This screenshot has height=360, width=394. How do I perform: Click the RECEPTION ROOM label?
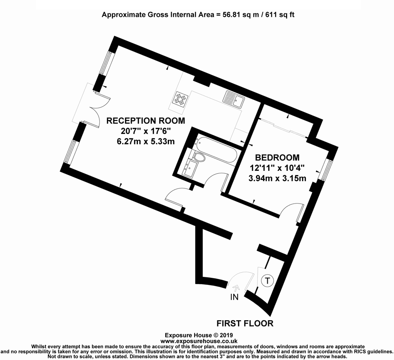[146, 121]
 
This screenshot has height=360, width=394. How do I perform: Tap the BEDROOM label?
[277, 158]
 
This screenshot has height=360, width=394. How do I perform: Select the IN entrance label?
[234, 297]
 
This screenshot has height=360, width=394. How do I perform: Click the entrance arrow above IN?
[235, 288]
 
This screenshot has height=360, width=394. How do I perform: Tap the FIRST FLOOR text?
[245, 323]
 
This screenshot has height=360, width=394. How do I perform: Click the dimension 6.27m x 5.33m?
[146, 141]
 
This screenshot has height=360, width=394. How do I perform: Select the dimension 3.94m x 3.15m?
[277, 178]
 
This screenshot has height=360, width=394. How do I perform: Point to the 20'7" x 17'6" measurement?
[146, 131]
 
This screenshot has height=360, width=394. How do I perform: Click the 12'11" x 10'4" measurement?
[277, 168]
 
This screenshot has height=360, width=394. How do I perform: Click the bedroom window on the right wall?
[325, 169]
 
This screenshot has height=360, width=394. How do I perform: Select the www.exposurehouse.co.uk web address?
[197, 342]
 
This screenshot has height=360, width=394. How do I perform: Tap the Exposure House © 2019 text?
[197, 336]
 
